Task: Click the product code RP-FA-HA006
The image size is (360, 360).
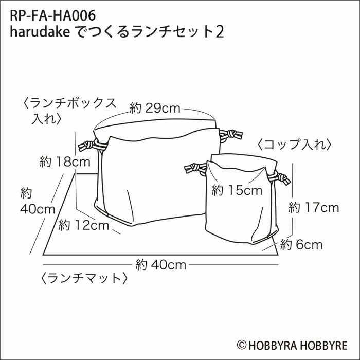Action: (x=53, y=16)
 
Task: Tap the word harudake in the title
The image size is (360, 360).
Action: (x=40, y=32)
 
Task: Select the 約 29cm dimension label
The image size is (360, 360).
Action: (x=155, y=109)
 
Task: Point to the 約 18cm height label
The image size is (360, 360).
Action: (x=65, y=162)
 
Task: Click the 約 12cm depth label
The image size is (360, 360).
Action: (x=83, y=225)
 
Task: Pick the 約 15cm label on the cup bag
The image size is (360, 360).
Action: (x=237, y=191)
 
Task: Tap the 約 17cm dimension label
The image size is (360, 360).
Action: (x=314, y=208)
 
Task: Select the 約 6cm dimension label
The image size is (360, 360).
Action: (x=301, y=245)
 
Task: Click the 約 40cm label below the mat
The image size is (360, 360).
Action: (x=160, y=265)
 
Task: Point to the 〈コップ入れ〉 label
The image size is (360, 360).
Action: (x=295, y=145)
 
